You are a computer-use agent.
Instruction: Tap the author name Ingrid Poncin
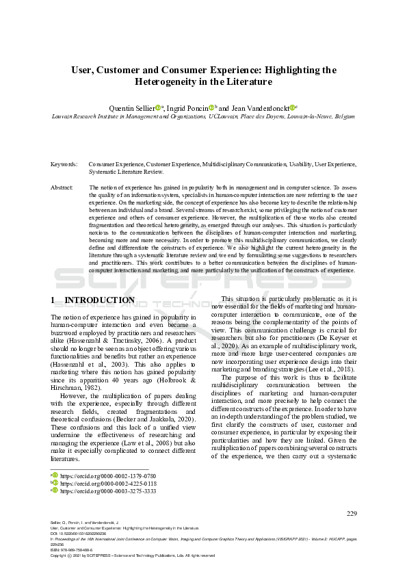pos(188,107)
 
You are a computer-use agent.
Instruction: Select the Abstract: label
pos(63,187)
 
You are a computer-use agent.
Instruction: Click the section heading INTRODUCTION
pos(99,300)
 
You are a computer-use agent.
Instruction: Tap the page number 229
pos(352,514)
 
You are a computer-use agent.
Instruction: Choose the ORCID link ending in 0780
pos(108,474)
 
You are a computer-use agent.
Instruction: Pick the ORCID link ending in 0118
pos(108,482)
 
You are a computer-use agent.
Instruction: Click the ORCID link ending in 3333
pos(108,490)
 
